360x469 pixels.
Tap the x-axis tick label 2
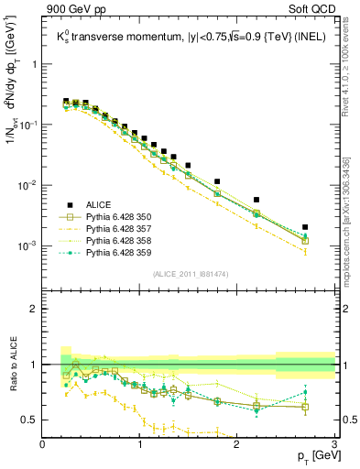coord(237,444)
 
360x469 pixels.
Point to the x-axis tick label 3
coord(334,444)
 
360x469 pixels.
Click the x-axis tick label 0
coord(43,444)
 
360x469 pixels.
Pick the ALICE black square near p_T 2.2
coord(256,200)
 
